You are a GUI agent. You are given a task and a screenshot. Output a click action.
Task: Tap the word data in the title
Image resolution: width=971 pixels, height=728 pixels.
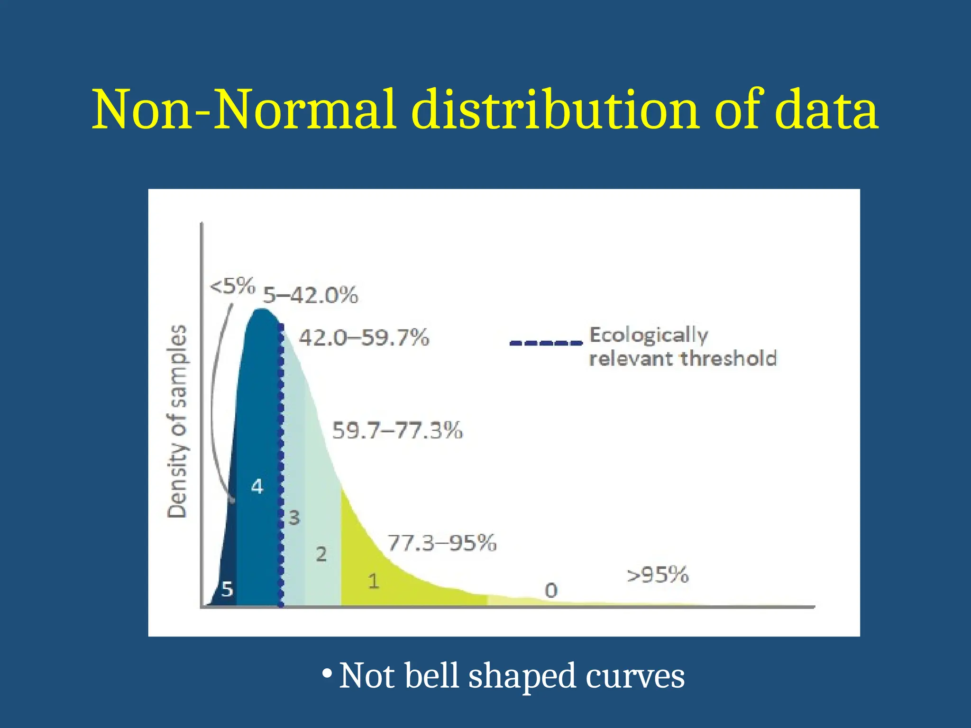coord(826,110)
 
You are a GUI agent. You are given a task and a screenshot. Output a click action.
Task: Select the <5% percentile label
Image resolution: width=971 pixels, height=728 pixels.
coord(232,286)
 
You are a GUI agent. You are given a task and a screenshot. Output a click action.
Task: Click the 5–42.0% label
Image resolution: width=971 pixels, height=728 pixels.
coord(311,295)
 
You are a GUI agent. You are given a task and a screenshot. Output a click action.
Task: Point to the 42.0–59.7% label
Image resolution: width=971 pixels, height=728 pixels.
coord(364,338)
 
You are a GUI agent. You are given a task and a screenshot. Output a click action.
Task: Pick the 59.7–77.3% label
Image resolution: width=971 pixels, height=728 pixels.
coord(397,430)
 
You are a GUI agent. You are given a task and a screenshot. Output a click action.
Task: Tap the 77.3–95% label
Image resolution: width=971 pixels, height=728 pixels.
coord(442,543)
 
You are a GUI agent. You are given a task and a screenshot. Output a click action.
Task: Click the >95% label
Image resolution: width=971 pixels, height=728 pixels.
coord(658,575)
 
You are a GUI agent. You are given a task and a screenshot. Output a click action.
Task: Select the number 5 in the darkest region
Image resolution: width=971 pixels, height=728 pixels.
coord(227,590)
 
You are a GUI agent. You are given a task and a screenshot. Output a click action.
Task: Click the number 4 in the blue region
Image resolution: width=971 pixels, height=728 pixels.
coord(257,486)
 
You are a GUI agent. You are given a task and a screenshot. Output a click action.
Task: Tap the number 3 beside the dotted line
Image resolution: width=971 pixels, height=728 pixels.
coord(294,518)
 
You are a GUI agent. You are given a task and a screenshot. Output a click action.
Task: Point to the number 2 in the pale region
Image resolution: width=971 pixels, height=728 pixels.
coord(321,554)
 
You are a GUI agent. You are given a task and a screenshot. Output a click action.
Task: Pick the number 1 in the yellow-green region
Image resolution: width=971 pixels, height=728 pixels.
coord(374,581)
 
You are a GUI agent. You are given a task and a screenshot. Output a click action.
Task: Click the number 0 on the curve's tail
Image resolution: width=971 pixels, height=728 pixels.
coord(551,591)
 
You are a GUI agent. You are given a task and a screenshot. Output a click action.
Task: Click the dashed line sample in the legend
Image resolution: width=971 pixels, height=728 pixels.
coord(546,343)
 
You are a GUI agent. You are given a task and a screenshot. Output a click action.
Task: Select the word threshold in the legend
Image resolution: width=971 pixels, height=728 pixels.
coord(729,358)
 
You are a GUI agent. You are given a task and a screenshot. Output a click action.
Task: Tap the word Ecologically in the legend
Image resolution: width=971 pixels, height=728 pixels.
coord(649,335)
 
